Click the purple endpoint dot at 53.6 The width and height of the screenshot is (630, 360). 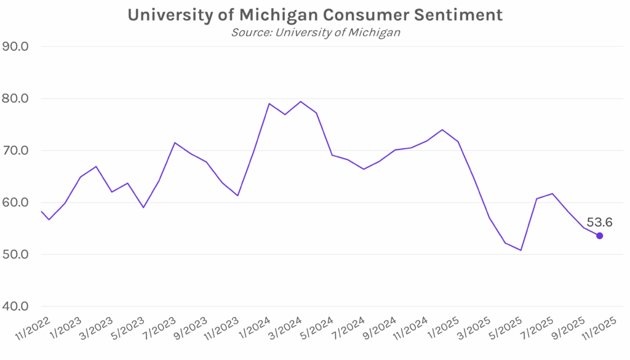coord(600,236)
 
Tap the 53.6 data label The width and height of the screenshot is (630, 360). coord(599,222)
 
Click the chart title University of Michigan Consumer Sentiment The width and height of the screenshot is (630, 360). coord(315,15)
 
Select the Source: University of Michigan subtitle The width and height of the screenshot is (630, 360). coord(315,32)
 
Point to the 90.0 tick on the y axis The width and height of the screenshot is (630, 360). coord(20,46)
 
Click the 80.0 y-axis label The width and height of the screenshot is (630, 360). coord(20,98)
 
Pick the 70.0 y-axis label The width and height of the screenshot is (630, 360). coord(20,150)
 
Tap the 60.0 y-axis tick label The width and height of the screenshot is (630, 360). coord(20,202)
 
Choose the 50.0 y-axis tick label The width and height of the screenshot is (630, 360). coord(20,254)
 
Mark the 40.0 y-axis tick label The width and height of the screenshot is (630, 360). coord(20,306)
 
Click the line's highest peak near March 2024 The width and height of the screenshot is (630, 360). coord(300,102)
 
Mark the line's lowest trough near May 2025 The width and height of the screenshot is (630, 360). coord(520,250)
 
